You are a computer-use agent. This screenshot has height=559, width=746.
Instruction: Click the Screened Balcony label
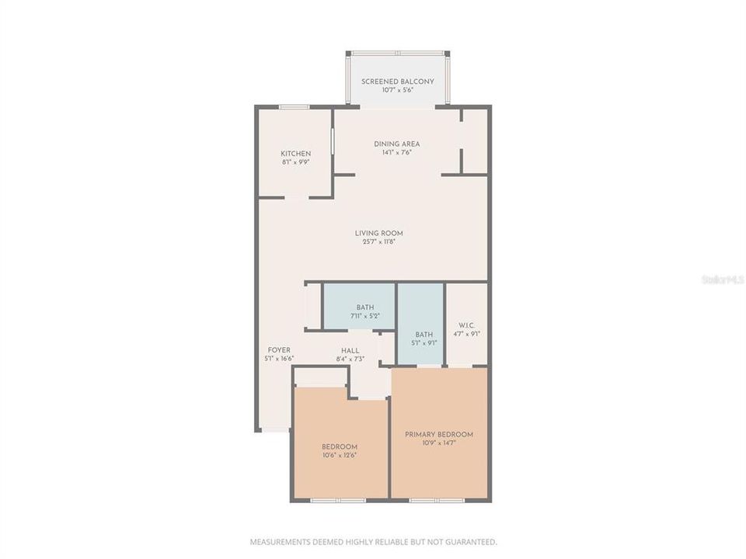click(x=397, y=82)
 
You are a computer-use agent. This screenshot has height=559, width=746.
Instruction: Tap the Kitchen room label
click(x=295, y=154)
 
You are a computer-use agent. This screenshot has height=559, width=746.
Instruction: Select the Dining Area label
click(x=396, y=144)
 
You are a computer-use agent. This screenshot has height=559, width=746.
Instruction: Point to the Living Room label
click(x=379, y=233)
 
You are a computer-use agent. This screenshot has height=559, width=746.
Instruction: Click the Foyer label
click(x=280, y=350)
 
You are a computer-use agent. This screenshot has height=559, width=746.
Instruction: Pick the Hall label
click(x=350, y=350)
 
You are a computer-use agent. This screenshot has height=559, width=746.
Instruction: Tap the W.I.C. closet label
click(x=467, y=325)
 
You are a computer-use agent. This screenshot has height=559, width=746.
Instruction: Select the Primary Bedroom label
click(x=439, y=434)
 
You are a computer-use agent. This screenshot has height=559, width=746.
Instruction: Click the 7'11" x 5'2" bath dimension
click(x=364, y=316)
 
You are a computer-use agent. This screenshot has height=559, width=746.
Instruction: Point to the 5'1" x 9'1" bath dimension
click(x=424, y=342)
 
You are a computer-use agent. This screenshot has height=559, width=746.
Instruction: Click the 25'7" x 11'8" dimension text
click(x=379, y=242)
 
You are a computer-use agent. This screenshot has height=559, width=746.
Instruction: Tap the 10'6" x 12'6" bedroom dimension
click(x=340, y=455)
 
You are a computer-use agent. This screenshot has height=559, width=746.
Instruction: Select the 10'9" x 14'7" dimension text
click(x=439, y=443)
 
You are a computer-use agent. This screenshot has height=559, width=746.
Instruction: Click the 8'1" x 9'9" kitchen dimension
click(x=295, y=163)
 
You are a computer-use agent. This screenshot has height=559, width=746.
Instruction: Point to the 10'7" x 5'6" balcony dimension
click(x=397, y=91)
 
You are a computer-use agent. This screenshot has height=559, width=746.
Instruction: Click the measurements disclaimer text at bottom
click(x=373, y=542)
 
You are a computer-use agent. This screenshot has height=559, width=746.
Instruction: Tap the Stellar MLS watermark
click(x=722, y=279)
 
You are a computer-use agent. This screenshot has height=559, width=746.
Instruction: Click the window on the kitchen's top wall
click(x=295, y=106)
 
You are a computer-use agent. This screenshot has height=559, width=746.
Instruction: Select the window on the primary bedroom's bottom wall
click(x=436, y=500)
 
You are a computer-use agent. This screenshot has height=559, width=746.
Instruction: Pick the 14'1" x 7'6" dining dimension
click(x=396, y=153)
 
